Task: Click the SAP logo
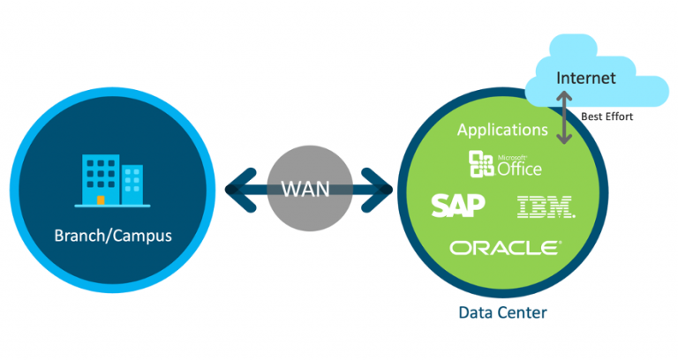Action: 457,206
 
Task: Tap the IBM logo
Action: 545,207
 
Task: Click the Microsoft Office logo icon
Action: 481,163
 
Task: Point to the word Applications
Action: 502,130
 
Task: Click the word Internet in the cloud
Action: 584,79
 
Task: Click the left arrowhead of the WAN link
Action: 236,188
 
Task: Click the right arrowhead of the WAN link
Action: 383,188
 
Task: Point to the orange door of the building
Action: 101,200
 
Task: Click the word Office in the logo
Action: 520,168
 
